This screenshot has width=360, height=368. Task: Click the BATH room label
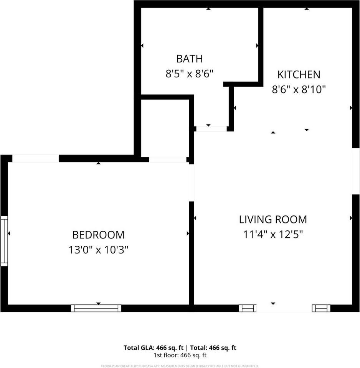point(189,59)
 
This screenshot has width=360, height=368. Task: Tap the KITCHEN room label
point(299,74)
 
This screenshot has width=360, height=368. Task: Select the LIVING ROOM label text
point(273,219)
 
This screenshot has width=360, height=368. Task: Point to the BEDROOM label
point(98,235)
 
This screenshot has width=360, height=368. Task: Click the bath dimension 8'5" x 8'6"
point(189,74)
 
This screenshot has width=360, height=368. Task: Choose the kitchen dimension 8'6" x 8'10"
point(299,90)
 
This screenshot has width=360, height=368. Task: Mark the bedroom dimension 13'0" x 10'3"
point(98,250)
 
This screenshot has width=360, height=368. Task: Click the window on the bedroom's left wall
point(4,241)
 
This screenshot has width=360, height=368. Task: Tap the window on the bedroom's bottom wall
point(96,308)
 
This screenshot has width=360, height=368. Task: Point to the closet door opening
point(168,159)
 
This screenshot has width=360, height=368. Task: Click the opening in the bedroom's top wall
point(35,158)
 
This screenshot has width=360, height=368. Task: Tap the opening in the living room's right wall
point(356,171)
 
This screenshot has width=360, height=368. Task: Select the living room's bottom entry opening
point(284,308)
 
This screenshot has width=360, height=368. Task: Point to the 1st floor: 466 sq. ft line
point(180,355)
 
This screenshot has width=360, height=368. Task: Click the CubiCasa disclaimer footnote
point(180,366)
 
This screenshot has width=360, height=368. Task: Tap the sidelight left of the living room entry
point(248,308)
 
